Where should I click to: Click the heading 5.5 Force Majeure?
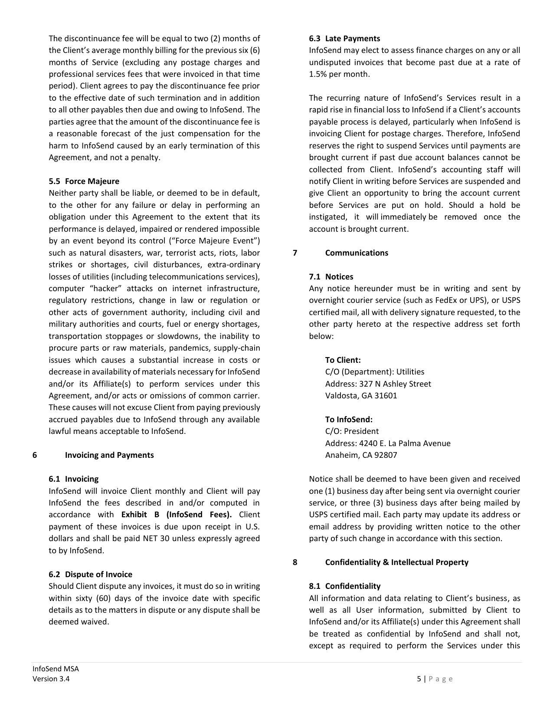coord(84,181)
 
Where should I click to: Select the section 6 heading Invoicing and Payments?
coord(109,455)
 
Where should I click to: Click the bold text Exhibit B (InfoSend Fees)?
coord(176,515)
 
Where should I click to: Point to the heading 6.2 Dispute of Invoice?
coord(90,575)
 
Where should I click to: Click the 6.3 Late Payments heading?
coord(344,39)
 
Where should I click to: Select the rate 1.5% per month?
coord(339,74)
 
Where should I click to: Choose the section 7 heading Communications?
coord(357,253)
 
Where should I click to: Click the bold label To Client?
coord(343,360)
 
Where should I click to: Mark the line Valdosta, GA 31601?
coord(361,396)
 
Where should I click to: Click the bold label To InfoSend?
coord(349,420)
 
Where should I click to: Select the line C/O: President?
coord(352,431)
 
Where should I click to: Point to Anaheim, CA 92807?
coord(361,455)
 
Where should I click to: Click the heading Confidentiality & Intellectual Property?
coord(396,562)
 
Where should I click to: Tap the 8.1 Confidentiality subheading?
coord(344,586)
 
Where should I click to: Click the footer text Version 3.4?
coord(51,679)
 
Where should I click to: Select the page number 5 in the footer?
coord(419,679)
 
